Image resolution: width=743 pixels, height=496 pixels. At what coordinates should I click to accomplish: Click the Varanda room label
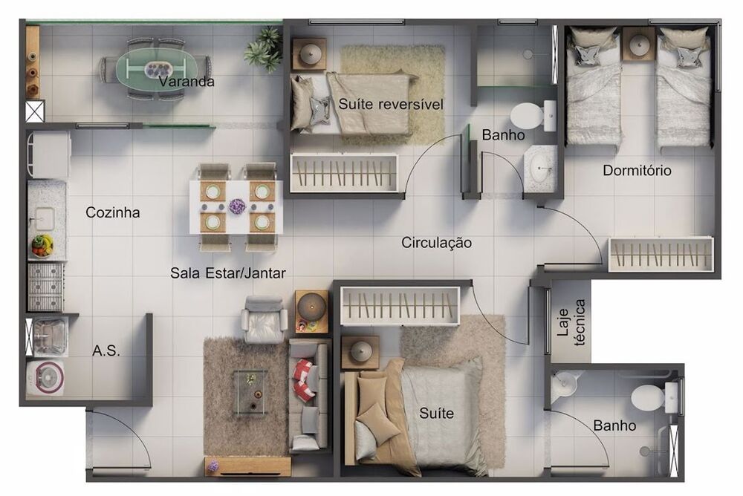186,82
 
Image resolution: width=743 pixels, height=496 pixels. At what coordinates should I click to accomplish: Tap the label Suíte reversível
390,105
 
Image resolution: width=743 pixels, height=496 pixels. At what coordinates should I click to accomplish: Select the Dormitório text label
637,171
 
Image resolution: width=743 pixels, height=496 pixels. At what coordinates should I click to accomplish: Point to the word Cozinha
113,212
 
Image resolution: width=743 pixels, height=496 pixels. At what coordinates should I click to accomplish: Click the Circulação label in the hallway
436,243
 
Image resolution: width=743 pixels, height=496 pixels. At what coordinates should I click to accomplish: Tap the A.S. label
106,350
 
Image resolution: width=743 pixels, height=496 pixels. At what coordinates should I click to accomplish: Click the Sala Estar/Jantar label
227,273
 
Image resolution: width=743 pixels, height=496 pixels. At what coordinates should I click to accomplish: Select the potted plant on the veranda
264,50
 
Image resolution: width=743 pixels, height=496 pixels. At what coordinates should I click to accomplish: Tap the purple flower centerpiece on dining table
237,206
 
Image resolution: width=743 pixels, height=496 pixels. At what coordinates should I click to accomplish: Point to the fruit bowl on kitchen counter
42,244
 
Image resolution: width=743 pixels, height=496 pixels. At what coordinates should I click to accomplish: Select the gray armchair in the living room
265,319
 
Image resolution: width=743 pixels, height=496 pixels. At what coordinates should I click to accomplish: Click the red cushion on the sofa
304,379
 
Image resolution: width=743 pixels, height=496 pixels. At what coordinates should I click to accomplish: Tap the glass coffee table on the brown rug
251,391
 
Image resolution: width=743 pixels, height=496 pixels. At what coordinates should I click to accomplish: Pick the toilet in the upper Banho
529,115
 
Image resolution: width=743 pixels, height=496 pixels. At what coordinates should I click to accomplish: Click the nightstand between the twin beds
638,45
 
